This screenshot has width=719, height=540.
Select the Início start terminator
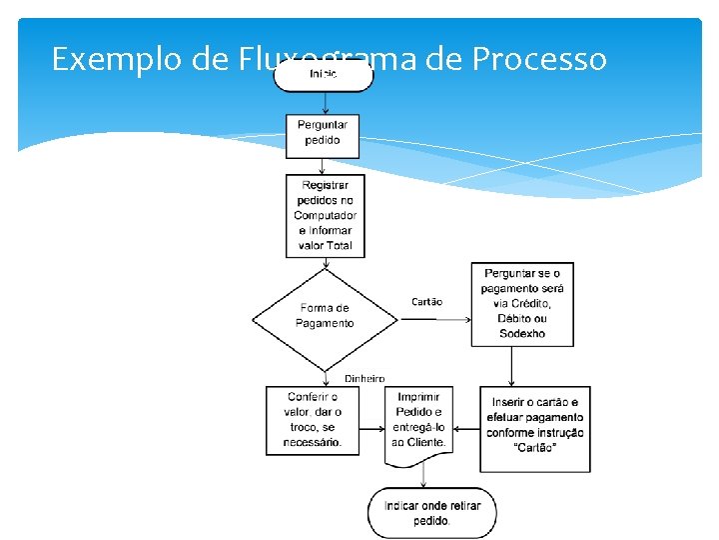[x=324, y=75]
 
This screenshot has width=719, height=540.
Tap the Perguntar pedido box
[x=323, y=133]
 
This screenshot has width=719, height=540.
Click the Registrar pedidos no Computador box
[x=325, y=216]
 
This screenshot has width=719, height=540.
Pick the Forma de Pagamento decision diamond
[x=325, y=316]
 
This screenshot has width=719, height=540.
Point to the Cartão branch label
[x=426, y=301]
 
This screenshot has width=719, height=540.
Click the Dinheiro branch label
[x=364, y=378]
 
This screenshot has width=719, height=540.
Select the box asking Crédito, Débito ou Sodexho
[x=522, y=304]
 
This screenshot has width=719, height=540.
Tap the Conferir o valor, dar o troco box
[x=313, y=420]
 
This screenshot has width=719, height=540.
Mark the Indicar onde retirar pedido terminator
[x=431, y=513]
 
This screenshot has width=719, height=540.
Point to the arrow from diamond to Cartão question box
[x=434, y=319]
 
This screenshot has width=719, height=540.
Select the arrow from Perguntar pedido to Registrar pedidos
[x=324, y=165]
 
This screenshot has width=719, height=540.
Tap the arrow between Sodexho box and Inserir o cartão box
[x=511, y=366]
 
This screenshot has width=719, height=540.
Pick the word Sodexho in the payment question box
[x=522, y=334]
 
